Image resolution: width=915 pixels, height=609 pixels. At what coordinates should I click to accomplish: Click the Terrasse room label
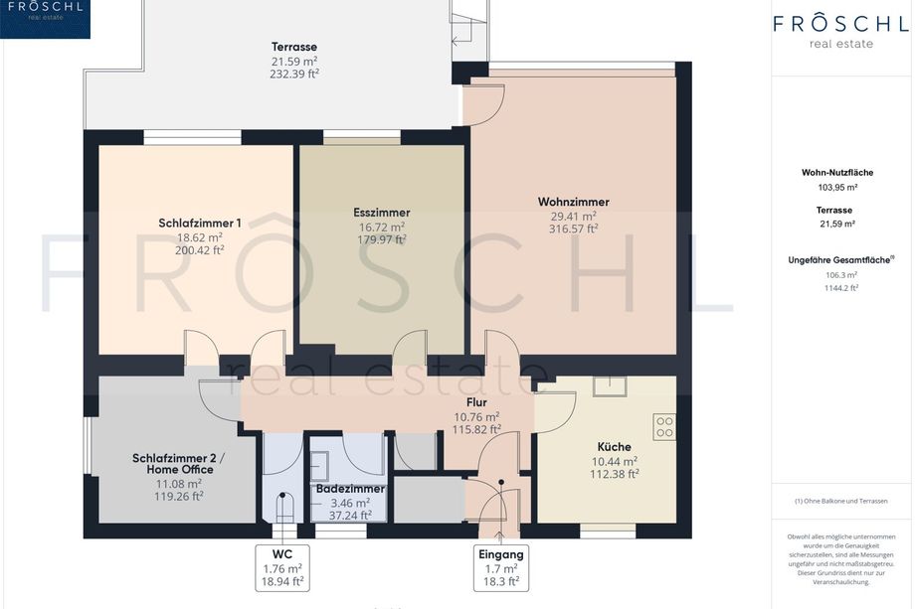pyautogui.click(x=294, y=47)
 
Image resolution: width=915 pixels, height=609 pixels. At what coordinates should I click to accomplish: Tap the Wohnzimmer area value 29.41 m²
pyautogui.click(x=574, y=217)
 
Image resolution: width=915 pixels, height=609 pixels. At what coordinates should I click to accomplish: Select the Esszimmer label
pyautogui.click(x=382, y=213)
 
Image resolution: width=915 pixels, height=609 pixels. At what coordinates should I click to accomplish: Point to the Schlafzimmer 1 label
pyautogui.click(x=200, y=224)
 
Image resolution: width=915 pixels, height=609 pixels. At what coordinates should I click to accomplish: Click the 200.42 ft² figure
pyautogui.click(x=200, y=250)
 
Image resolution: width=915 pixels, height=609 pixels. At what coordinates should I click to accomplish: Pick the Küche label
pyautogui.click(x=614, y=447)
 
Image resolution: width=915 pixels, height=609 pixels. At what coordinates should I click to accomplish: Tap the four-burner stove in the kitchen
pyautogui.click(x=664, y=426)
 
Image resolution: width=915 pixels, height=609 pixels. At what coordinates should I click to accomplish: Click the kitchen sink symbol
pyautogui.click(x=610, y=386)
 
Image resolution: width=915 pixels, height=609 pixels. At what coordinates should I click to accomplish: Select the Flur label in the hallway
pyautogui.click(x=476, y=402)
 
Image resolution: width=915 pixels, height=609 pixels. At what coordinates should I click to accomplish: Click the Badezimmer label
pyautogui.click(x=350, y=489)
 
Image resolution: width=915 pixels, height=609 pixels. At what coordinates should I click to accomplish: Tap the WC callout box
pyautogui.click(x=282, y=568)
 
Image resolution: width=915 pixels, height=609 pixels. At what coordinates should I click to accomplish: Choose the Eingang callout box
pyautogui.click(x=501, y=568)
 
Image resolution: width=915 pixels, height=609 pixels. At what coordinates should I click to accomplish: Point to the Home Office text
pyautogui.click(x=180, y=470)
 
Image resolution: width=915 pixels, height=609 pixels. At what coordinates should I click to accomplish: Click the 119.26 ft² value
pyautogui.click(x=179, y=497)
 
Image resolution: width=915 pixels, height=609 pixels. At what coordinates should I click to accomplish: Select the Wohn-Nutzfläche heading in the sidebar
pyautogui.click(x=837, y=173)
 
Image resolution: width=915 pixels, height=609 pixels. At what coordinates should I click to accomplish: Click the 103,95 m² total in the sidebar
pyautogui.click(x=837, y=188)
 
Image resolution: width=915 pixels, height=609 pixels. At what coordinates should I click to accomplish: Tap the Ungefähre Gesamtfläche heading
pyautogui.click(x=839, y=260)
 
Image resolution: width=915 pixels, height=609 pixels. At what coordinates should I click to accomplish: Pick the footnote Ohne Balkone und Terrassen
pyautogui.click(x=840, y=501)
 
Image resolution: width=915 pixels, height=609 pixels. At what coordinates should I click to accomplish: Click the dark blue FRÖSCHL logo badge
pyautogui.click(x=45, y=19)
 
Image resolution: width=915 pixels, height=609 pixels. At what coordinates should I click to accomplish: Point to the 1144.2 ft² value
pyautogui.click(x=840, y=288)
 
